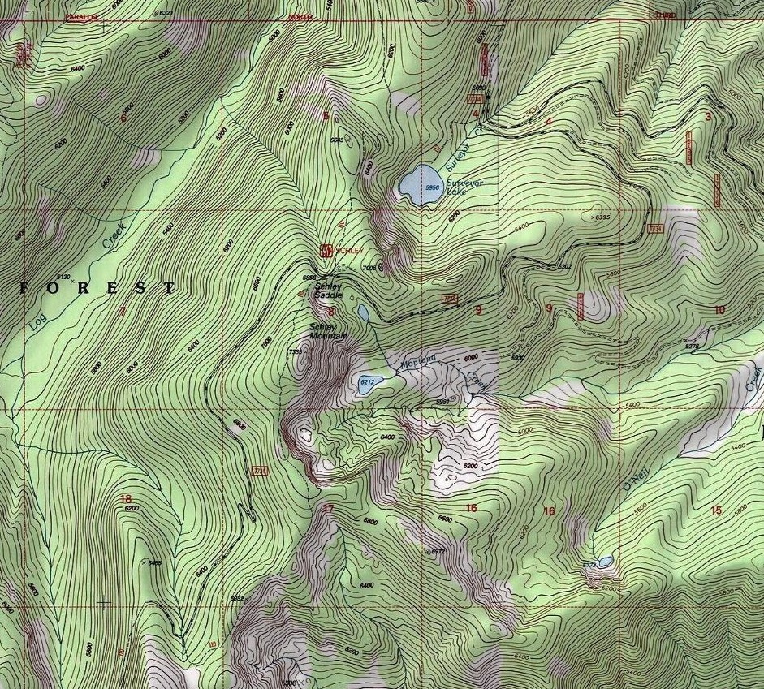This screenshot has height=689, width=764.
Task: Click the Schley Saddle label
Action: [x=328, y=291]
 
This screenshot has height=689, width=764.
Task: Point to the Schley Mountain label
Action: [x=328, y=331]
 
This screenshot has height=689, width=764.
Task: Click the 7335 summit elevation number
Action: [x=295, y=351]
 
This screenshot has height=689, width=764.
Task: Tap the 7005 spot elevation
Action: [x=370, y=267]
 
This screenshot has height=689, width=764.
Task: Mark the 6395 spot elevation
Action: [x=602, y=217]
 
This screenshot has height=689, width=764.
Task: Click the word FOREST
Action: [x=96, y=287]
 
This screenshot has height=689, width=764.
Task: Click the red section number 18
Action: [x=125, y=499]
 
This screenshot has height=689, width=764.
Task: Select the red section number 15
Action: [x=715, y=510]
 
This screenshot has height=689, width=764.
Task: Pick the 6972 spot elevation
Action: [x=438, y=551]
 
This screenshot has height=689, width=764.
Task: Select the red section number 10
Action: [x=719, y=309]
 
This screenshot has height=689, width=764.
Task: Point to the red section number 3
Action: [x=707, y=117]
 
